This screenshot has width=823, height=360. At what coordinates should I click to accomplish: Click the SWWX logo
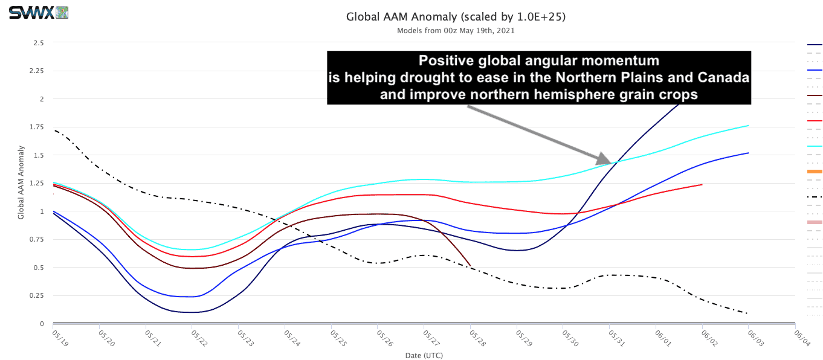tap(38, 13)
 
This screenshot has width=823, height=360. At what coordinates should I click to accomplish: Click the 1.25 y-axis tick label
tap(36, 184)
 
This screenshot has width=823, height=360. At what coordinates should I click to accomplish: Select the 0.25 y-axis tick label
tap(36, 295)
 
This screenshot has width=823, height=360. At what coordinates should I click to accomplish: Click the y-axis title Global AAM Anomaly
tap(21, 182)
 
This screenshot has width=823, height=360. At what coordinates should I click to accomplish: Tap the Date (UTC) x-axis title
tap(424, 356)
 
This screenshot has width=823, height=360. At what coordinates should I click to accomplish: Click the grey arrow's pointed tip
tap(611, 162)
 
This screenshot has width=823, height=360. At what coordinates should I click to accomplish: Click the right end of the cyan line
tap(749, 126)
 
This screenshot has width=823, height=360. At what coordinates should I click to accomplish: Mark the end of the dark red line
tap(471, 265)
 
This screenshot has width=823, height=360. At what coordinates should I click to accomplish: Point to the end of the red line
tap(702, 184)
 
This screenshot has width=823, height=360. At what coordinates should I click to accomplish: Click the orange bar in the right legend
tap(815, 172)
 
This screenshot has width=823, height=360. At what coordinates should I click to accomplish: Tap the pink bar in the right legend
tap(815, 222)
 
